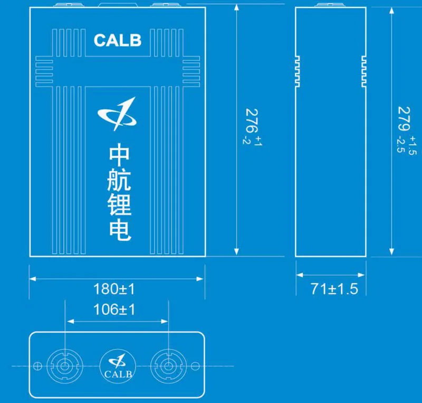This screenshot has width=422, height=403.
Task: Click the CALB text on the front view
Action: [x=117, y=40]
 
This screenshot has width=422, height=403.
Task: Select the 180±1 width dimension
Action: [x=114, y=289]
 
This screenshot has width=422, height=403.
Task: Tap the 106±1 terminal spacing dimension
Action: [x=114, y=310]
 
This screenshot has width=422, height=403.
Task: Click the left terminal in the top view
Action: [x=64, y=365]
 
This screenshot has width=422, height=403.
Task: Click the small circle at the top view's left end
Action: [x=37, y=365]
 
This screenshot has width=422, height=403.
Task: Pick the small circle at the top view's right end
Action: [x=196, y=365]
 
